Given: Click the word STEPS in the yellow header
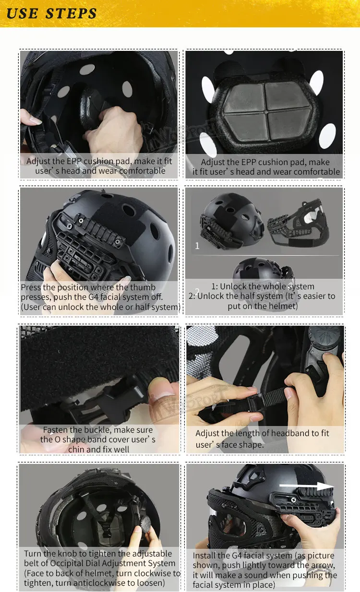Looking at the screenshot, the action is (71, 13).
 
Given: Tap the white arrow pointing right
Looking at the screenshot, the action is (306, 486).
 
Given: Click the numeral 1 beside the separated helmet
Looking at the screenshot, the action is (197, 246).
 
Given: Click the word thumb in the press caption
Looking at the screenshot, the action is (143, 287).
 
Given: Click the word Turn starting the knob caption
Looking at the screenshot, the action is (33, 554).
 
